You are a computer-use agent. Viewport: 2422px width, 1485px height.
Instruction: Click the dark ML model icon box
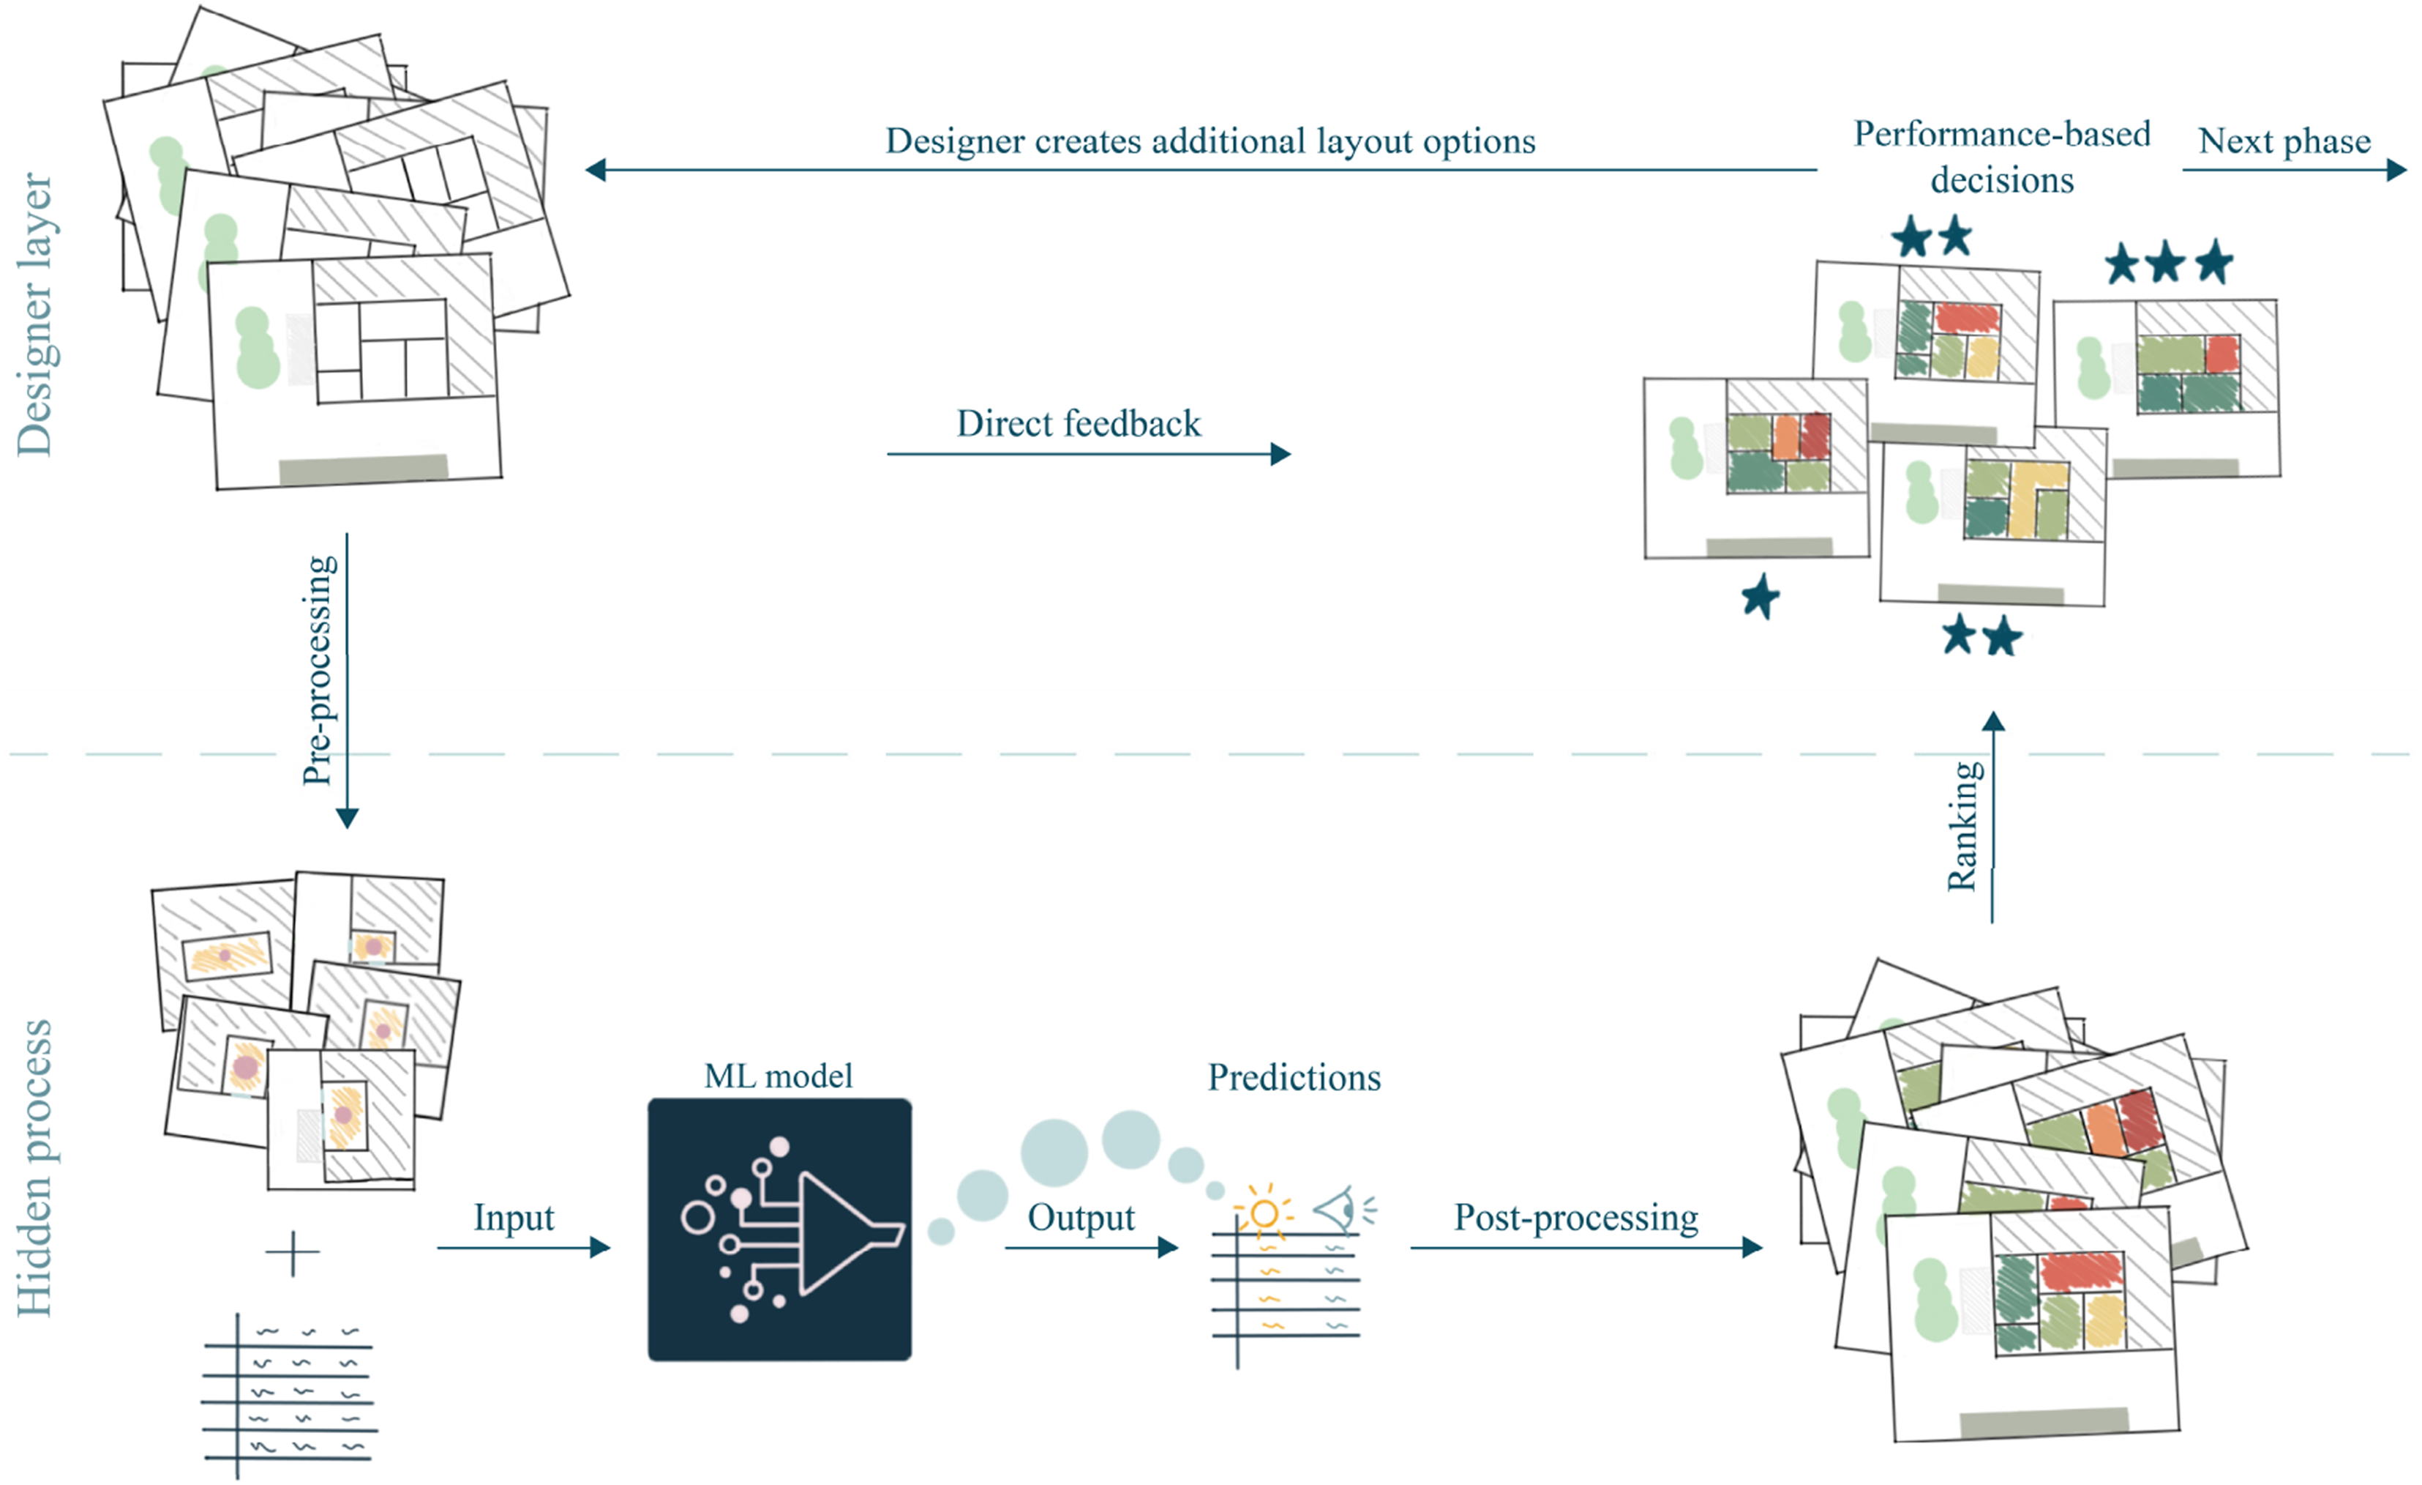click(x=779, y=1229)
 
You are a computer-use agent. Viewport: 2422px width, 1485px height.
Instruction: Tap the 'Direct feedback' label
click(x=1079, y=424)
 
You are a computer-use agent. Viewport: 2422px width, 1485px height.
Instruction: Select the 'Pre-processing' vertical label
click(x=318, y=671)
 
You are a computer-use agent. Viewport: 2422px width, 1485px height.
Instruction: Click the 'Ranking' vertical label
click(x=1964, y=826)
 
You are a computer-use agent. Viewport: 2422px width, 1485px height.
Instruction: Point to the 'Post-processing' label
click(x=1575, y=1218)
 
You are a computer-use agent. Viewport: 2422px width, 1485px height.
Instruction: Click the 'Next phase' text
click(x=2284, y=141)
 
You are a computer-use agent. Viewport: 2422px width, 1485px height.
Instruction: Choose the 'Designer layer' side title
click(x=35, y=315)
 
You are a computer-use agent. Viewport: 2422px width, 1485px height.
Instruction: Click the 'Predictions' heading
click(x=1294, y=1077)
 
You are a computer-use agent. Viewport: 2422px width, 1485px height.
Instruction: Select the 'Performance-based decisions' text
click(x=2001, y=157)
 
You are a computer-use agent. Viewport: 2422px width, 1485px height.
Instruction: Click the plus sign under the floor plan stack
click(x=292, y=1253)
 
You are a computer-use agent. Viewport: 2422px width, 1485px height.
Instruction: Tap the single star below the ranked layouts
click(x=1760, y=596)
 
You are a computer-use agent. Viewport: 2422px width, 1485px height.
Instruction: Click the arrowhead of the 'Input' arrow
click(x=601, y=1248)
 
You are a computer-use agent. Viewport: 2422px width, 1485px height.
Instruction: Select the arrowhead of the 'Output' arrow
click(x=1168, y=1248)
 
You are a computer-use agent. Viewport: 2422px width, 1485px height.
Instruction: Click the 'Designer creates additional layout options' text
click(x=1210, y=141)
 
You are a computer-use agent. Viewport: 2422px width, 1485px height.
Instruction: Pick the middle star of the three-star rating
click(x=2165, y=263)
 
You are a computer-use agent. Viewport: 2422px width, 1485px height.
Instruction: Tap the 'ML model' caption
click(x=779, y=1076)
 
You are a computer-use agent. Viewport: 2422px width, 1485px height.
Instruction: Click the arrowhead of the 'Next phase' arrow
click(x=2397, y=170)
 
